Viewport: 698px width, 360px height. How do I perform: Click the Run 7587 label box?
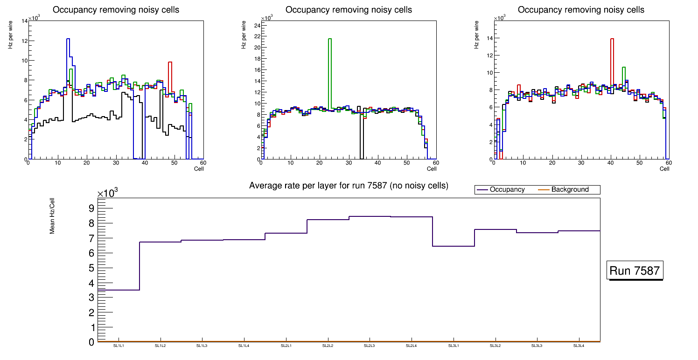[x=635, y=270]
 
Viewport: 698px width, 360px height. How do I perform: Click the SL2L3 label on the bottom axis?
[x=370, y=346]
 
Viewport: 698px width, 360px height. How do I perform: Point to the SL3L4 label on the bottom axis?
[x=579, y=346]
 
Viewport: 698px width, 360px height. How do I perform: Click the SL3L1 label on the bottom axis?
[x=454, y=346]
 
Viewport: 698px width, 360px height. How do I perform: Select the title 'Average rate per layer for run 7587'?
[x=349, y=186]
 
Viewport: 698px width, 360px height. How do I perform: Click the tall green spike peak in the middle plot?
[x=330, y=39]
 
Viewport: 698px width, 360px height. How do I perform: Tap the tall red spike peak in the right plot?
[x=612, y=39]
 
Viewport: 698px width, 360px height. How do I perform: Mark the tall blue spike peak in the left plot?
[x=68, y=39]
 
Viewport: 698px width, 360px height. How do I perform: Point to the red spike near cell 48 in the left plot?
[x=170, y=62]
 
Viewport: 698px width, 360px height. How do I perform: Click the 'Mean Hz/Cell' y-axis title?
[x=53, y=217]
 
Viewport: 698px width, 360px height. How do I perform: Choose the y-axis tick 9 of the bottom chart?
[x=91, y=208]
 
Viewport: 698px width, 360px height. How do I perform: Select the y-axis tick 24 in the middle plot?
[x=257, y=25]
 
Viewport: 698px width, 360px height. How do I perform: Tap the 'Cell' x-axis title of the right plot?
[x=664, y=169]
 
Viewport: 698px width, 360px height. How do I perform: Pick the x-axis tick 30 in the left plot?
[x=116, y=163]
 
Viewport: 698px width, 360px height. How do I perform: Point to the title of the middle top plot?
[x=349, y=10]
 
